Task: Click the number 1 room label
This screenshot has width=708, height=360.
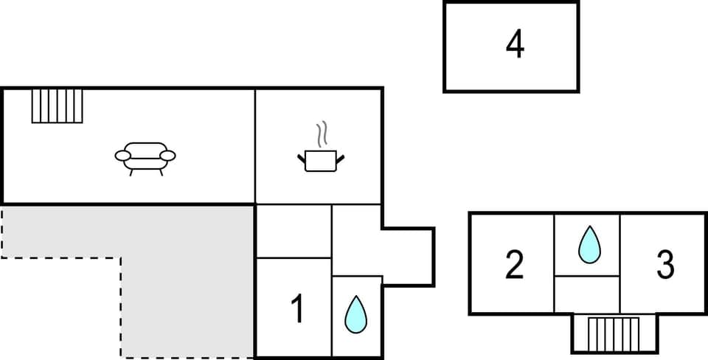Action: point(297,309)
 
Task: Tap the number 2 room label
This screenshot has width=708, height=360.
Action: point(514,265)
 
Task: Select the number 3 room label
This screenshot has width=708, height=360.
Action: point(665,265)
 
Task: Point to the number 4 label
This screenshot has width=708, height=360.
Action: point(515,45)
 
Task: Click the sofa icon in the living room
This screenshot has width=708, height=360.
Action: point(145,156)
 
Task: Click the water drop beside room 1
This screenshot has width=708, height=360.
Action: point(356,314)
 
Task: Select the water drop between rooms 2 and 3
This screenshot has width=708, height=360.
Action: point(589,244)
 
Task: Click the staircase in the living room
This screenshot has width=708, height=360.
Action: point(58,105)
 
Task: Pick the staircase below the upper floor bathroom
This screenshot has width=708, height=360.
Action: point(614,334)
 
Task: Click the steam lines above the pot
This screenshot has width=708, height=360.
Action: point(322,135)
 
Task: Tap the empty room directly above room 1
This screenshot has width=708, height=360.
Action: point(294,232)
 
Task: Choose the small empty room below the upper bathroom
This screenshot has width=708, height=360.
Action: point(587,294)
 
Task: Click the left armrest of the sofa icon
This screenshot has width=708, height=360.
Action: point(122,155)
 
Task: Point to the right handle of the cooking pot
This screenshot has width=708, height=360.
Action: point(340,156)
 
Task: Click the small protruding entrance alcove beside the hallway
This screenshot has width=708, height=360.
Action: point(408,256)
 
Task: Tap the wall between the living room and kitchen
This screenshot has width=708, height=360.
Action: point(255,146)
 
